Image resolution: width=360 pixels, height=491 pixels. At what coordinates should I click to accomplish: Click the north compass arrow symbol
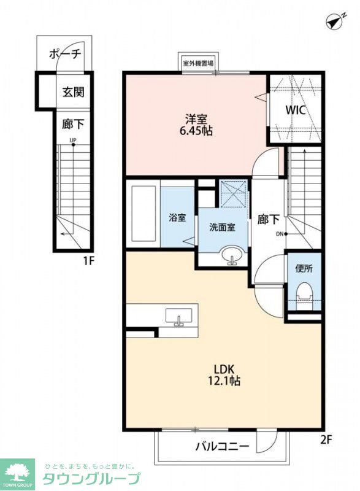point(334,22)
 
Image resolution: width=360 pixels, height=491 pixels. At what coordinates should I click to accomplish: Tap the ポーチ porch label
point(65,53)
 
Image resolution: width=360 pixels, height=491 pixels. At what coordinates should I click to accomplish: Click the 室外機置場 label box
point(198,63)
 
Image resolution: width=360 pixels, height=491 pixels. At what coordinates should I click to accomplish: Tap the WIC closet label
point(295,110)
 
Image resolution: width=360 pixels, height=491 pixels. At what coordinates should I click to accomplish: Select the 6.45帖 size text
point(196,131)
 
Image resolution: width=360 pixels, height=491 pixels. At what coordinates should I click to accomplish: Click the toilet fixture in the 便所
point(304,293)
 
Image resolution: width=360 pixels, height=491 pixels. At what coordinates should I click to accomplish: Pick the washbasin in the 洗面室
point(232,255)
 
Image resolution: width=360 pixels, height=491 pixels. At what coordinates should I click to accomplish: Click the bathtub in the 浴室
point(144,214)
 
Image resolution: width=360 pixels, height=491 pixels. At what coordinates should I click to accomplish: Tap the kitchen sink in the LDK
point(178,316)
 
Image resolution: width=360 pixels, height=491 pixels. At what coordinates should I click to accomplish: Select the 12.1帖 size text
point(224,381)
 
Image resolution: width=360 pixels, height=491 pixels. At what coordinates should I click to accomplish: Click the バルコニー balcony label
point(223,446)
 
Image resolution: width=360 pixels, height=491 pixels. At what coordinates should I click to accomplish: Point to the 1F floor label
point(89,260)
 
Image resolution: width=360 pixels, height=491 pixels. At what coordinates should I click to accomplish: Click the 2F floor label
point(325,439)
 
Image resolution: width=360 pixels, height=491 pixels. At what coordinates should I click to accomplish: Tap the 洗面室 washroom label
point(223,227)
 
